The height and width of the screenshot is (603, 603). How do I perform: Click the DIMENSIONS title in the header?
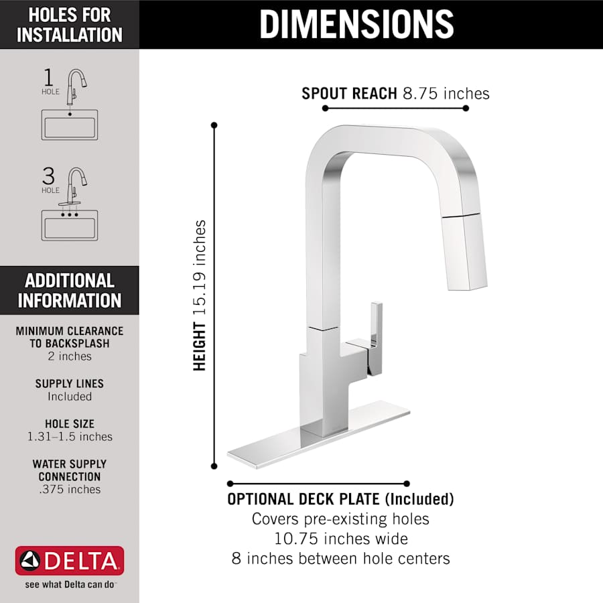(356, 24)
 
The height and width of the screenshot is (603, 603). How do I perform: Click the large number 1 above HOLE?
(48, 77)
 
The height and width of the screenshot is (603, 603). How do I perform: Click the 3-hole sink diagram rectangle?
(70, 224)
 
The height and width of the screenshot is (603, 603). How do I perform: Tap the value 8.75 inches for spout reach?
(446, 93)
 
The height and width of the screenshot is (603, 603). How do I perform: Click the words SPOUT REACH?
(349, 93)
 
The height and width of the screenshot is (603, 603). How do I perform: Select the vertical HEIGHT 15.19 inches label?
(200, 295)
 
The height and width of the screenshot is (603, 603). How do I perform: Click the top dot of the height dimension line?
(214, 125)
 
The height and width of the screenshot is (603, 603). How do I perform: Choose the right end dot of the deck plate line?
(407, 483)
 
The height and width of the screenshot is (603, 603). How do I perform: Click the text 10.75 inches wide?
(340, 538)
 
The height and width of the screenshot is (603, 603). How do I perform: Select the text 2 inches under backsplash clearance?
(70, 356)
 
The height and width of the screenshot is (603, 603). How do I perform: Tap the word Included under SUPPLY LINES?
(70, 397)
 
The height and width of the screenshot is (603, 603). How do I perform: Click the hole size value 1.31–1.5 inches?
(70, 437)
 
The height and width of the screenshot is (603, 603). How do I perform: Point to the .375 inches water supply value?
(70, 490)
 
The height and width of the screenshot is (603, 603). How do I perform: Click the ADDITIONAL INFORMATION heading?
(70, 290)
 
